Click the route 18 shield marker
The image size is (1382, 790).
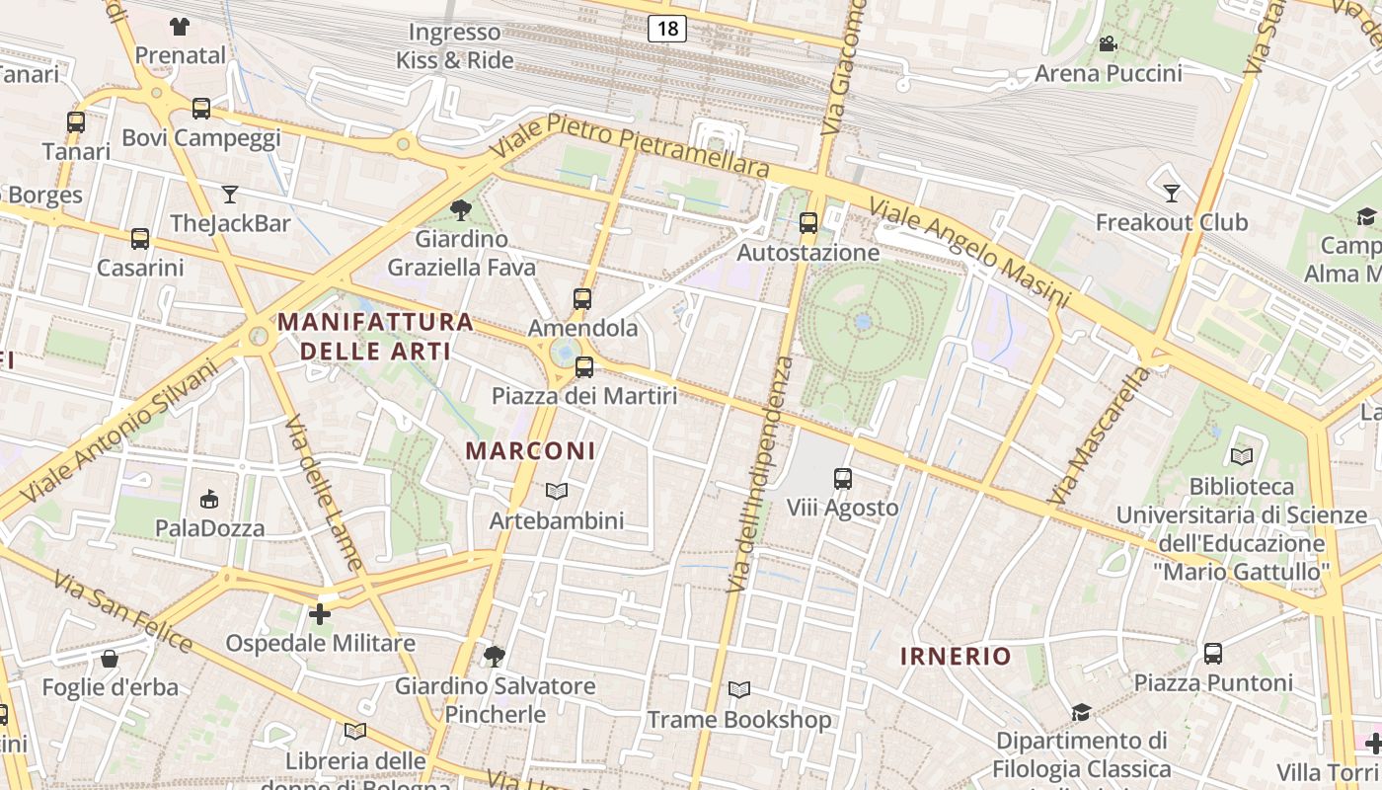coord(667,28)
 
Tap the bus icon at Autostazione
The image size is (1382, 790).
coord(808,223)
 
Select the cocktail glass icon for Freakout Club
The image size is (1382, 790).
coord(1172,193)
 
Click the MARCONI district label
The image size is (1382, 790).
coord(530,451)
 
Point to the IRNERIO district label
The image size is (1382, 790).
coord(956,656)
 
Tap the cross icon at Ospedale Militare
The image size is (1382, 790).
coord(320,614)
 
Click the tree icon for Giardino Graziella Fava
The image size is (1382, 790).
coord(460,209)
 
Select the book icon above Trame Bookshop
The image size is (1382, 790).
coord(738,690)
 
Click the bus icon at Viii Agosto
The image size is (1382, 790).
coord(842,479)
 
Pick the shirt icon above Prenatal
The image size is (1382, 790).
coord(180,26)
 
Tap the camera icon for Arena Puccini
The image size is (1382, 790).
coord(1108,44)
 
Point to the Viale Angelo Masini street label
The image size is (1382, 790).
coord(968,252)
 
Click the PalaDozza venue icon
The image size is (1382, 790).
coord(209,499)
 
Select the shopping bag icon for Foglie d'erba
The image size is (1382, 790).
coord(110,658)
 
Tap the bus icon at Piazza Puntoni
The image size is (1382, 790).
coord(1212,654)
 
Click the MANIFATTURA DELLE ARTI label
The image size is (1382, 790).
coord(375,336)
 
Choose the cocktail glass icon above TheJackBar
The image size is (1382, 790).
coord(230,194)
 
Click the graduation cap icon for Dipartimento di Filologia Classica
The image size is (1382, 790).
coord(1081,712)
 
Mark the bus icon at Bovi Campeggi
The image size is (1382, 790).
coord(201,109)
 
